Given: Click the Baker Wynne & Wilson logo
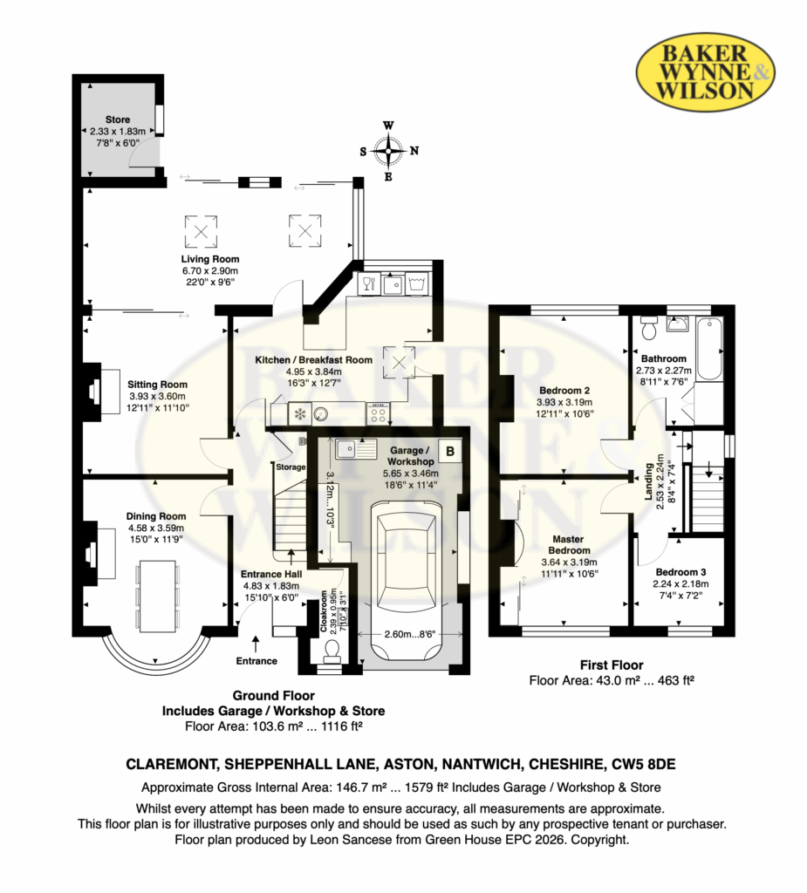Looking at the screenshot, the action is pos(705,73).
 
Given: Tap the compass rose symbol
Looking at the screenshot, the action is pos(389,151).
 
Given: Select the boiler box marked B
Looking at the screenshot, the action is pos(450,451).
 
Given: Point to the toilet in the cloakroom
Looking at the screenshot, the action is pos(331,651).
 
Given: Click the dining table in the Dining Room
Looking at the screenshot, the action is pos(156,596).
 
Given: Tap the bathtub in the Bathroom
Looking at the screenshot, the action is pos(709,349).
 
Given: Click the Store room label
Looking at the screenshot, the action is pos(118,119).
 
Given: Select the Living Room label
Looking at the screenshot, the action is pos(209,259).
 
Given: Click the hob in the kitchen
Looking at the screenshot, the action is pos(378,412).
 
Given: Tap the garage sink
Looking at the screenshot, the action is pos(356,449).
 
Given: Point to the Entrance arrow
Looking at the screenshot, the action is pos(256,644).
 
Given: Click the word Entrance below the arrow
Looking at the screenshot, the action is pos(256,661).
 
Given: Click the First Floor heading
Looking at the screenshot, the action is pos(612,665).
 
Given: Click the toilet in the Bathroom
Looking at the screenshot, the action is pos(649,327).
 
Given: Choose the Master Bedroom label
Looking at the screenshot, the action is pos(569,544).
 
